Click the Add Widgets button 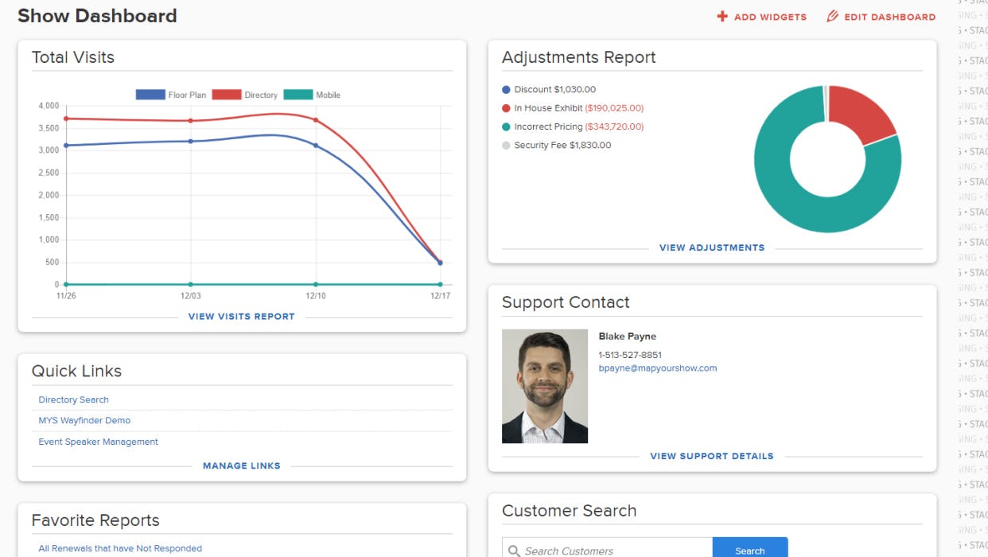click(x=762, y=17)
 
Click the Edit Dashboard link click(x=881, y=17)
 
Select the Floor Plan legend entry click(x=171, y=95)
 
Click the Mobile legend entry click(x=312, y=95)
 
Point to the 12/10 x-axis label click(x=316, y=296)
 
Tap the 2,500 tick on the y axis click(x=49, y=173)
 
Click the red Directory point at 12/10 click(x=316, y=120)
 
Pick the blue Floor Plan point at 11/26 click(x=66, y=146)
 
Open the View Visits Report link click(x=241, y=317)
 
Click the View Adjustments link click(x=711, y=247)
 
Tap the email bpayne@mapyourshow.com click(x=657, y=368)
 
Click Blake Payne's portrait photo click(x=545, y=386)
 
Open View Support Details click(x=711, y=456)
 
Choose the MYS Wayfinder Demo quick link click(x=84, y=420)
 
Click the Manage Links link click(x=241, y=465)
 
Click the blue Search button click(x=749, y=550)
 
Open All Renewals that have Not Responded click(x=120, y=548)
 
